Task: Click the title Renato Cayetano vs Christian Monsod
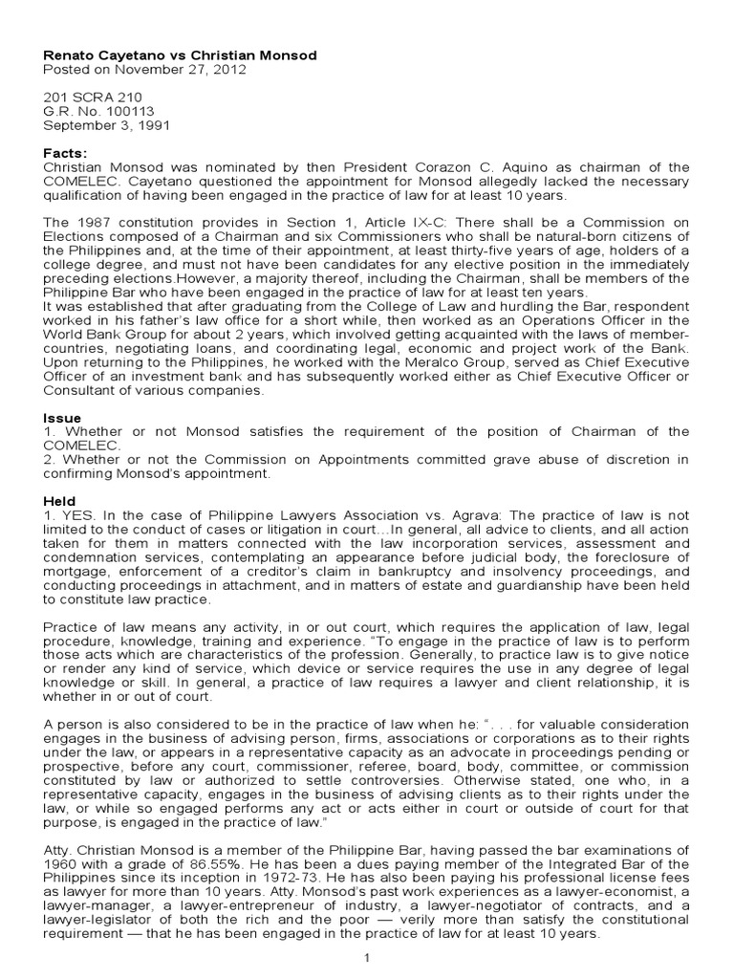tap(180, 55)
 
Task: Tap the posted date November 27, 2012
tap(151, 70)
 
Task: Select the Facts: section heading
tap(65, 153)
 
